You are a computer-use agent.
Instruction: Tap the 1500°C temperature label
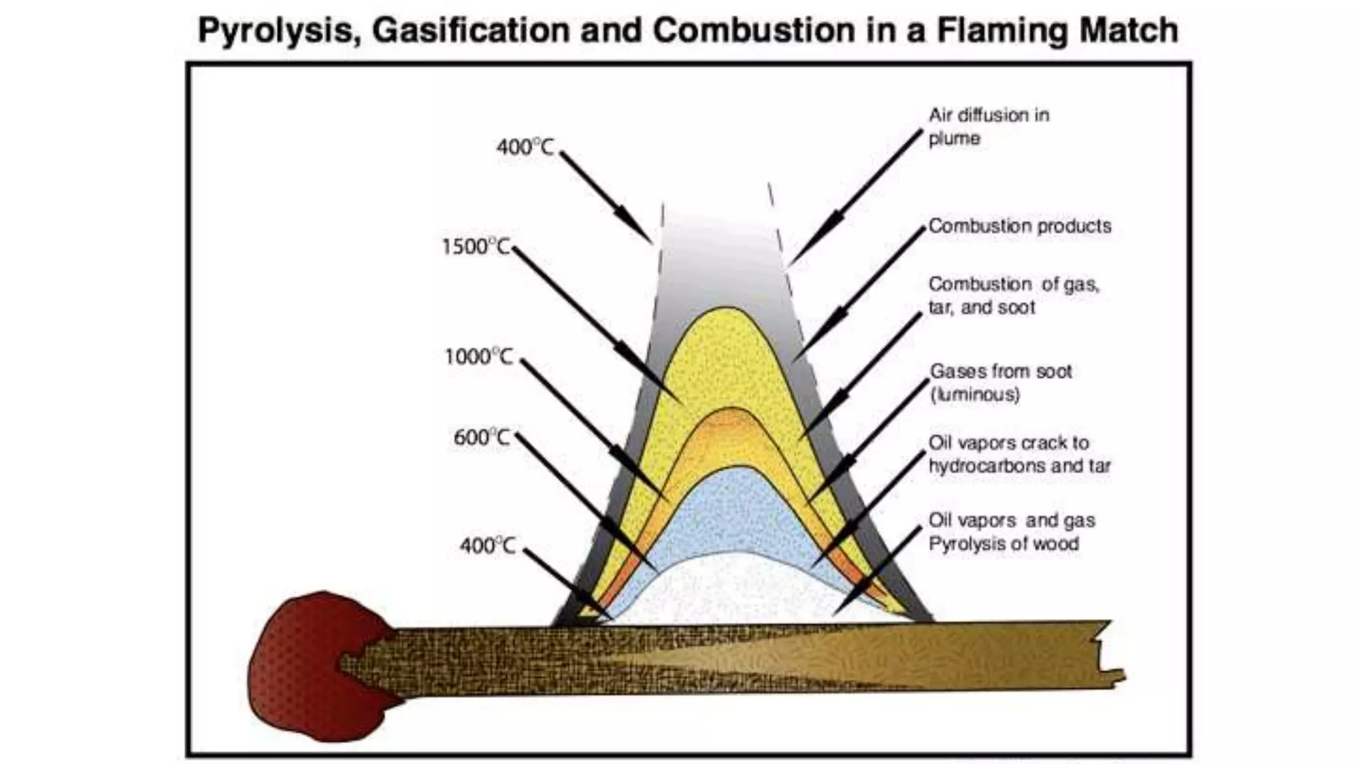475,247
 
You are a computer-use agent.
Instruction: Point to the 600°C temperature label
482,438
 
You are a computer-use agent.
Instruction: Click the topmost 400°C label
525,147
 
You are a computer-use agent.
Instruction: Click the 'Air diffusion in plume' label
988,127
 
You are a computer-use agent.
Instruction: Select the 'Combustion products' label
1019,226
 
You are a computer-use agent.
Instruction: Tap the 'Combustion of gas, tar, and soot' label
1013,296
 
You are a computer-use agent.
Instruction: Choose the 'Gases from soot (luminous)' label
1000,383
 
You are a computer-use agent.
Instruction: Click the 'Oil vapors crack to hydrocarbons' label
1018,454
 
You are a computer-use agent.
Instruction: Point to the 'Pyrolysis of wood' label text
1003,544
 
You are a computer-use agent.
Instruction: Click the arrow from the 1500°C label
597,325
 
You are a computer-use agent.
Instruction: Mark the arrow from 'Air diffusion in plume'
855,196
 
